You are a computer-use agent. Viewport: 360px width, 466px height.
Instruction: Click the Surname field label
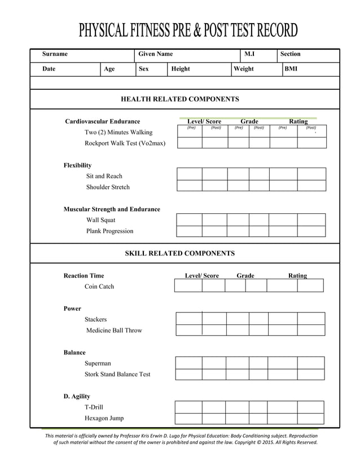pos(55,54)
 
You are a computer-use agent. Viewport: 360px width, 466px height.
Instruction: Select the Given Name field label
pos(155,54)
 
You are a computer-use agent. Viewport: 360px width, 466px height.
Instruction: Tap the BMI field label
pos(291,69)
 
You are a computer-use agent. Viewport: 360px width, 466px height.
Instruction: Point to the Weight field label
pos(244,69)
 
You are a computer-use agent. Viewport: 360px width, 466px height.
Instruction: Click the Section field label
pos(290,54)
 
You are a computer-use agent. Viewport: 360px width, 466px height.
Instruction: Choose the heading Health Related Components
pos(180,99)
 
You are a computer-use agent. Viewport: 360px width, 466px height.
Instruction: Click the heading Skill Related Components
pos(179,253)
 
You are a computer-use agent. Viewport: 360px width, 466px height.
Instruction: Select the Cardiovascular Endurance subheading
pos(102,121)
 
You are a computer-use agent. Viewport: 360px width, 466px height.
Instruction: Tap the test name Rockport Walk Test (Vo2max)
pos(125,143)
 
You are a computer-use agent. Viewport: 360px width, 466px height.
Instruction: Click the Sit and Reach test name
pos(104,176)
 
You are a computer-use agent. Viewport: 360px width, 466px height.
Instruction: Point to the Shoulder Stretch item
pos(108,187)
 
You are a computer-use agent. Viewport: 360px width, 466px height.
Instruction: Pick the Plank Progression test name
pos(109,231)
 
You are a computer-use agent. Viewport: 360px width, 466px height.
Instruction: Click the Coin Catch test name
pos(99,287)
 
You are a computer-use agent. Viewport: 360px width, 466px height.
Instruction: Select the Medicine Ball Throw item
pos(114,331)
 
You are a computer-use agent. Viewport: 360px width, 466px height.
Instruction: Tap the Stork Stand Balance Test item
pos(117,375)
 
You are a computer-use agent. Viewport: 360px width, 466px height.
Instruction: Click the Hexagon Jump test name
pos(104,419)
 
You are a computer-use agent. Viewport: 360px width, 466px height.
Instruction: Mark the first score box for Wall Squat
pos(189,219)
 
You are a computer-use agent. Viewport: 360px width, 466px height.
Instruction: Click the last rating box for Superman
pos(311,363)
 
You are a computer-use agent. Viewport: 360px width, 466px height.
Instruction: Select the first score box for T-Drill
pos(188,407)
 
